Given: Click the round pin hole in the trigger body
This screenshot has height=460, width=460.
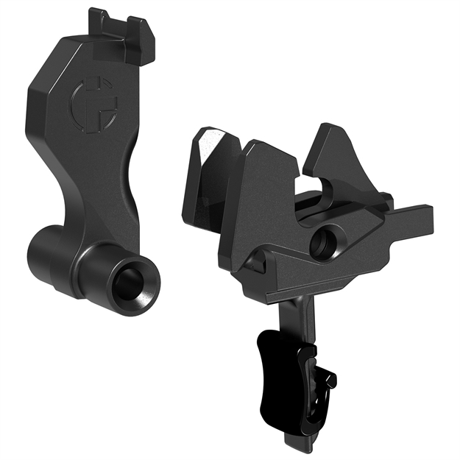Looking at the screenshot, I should [321, 244].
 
